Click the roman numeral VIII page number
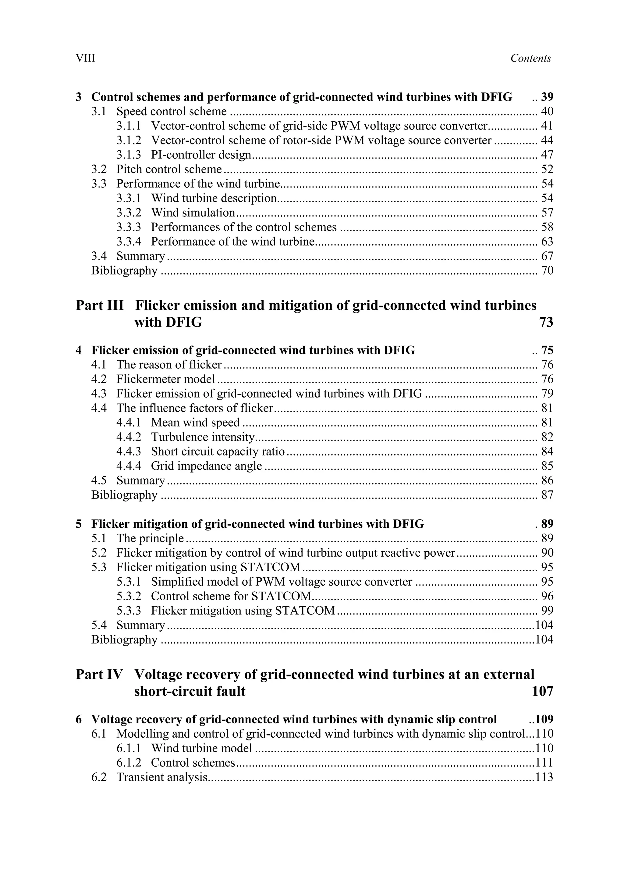(85, 58)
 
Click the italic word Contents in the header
(530, 58)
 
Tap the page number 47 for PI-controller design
(547, 155)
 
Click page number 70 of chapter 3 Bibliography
(547, 271)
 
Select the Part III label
(100, 305)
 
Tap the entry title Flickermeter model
(166, 380)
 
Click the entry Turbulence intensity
(203, 437)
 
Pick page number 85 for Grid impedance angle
(547, 466)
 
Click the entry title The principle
(150, 538)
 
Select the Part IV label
(99, 675)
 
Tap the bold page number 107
(542, 691)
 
